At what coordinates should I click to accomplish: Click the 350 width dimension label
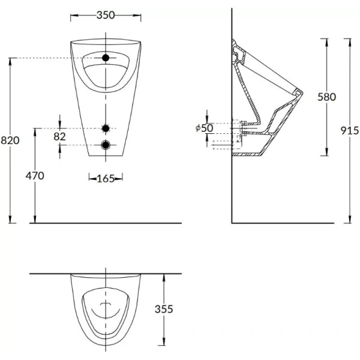(106, 15)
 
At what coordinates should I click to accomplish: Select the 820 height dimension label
(10, 140)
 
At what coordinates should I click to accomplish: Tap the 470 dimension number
(35, 176)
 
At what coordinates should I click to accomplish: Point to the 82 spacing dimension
(59, 137)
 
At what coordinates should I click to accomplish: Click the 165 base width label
(106, 179)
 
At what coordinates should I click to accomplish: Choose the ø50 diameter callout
(205, 128)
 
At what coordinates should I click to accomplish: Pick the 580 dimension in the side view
(326, 97)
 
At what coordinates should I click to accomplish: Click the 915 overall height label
(349, 131)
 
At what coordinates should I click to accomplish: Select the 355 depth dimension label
(164, 309)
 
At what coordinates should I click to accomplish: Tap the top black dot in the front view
(106, 58)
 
